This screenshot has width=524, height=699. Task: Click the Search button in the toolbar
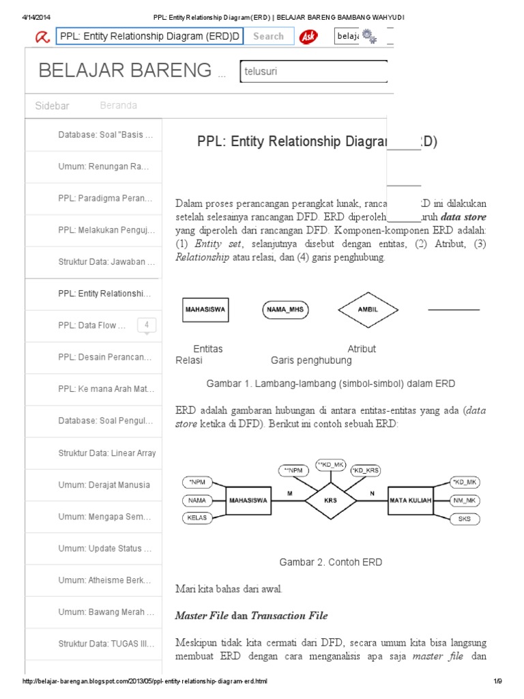[x=268, y=36]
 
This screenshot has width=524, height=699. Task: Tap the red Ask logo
[x=308, y=36]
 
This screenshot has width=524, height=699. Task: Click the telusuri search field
[x=312, y=71]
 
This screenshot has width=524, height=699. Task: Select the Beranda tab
[x=118, y=106]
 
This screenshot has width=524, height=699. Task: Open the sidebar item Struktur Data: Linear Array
[x=106, y=453]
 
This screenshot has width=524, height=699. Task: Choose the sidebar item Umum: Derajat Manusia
[x=104, y=485]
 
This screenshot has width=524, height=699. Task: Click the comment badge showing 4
[x=147, y=326]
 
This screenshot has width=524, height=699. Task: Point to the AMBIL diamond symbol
[x=368, y=310]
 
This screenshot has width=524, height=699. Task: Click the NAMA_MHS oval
[x=286, y=310]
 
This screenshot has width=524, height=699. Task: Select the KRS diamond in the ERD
[x=330, y=500]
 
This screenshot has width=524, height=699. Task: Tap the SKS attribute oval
[x=465, y=519]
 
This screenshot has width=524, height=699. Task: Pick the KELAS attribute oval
[x=197, y=517]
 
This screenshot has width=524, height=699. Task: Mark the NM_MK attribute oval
[x=465, y=500]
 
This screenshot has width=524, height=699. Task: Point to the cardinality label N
[x=372, y=493]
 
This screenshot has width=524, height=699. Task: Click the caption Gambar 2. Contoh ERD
[x=330, y=562]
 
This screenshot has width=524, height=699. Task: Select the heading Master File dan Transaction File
[x=251, y=616]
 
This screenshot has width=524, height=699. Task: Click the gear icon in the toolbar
[x=369, y=36]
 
